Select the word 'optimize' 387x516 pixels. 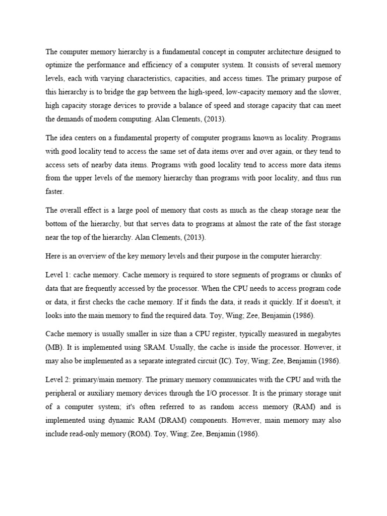click(x=58, y=65)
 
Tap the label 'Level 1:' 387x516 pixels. click(x=59, y=274)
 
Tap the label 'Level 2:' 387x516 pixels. click(x=59, y=379)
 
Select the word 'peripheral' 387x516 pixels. click(x=62, y=393)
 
